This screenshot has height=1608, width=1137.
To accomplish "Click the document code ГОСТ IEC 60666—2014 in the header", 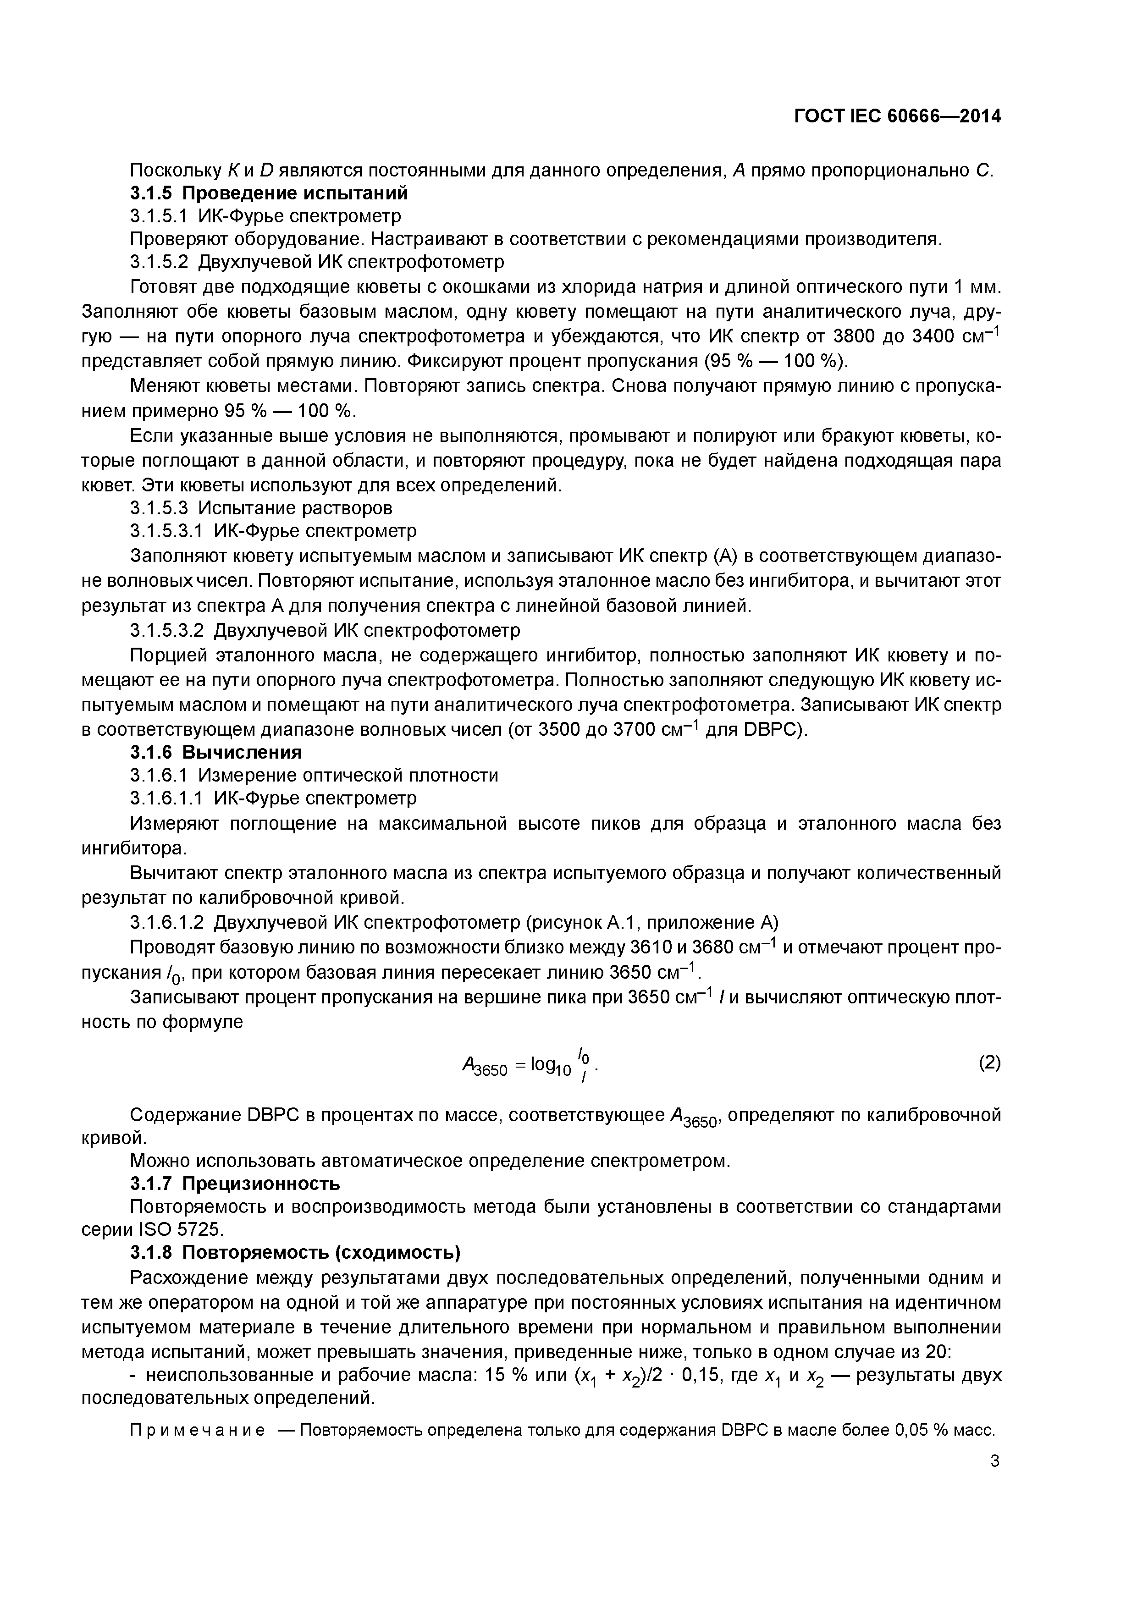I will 897,116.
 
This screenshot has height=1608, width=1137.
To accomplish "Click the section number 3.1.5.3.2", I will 167,630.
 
